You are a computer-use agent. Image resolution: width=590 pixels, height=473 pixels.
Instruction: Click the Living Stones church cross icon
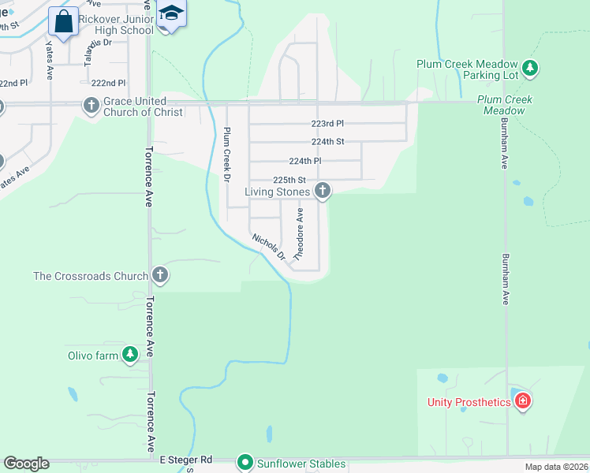click(x=322, y=190)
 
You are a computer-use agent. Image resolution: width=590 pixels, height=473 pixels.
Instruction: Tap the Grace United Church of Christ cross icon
click(x=91, y=105)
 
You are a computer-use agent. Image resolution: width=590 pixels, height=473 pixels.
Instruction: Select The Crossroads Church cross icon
click(x=160, y=274)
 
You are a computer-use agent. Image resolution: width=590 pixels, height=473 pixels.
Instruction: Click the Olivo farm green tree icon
click(x=130, y=356)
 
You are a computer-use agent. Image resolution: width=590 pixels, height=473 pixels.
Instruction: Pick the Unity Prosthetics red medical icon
click(x=522, y=402)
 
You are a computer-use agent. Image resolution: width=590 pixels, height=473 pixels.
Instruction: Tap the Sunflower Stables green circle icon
click(x=245, y=463)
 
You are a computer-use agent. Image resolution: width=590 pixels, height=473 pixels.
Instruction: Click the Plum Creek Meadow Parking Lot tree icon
click(x=531, y=69)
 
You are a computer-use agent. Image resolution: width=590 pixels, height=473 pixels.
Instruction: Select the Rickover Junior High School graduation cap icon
click(x=170, y=13)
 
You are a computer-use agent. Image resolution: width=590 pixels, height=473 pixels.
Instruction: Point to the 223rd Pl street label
click(x=327, y=124)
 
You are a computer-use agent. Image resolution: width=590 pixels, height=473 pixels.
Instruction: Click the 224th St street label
click(x=327, y=142)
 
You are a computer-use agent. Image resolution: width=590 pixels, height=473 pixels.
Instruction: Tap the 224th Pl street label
click(x=305, y=161)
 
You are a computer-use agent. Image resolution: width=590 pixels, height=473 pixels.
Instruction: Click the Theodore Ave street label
click(x=299, y=234)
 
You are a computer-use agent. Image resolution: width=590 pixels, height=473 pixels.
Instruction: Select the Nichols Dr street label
click(x=268, y=247)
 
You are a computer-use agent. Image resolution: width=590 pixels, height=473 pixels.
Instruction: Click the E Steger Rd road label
click(x=186, y=459)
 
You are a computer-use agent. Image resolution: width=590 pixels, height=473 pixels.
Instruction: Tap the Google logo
click(x=26, y=464)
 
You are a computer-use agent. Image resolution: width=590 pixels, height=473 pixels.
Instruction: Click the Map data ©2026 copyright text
click(x=556, y=467)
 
